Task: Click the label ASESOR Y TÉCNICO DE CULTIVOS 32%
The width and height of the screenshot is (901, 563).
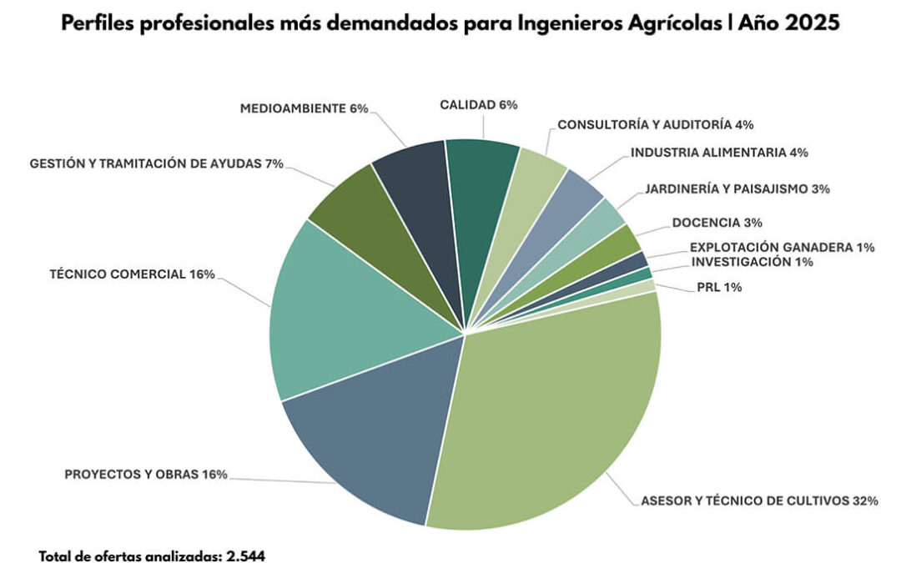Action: pos(759,501)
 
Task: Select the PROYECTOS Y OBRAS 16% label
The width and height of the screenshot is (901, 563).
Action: pos(146,475)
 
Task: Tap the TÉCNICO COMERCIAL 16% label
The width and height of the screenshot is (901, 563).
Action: pos(132,274)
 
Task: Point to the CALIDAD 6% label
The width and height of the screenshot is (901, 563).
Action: pos(479,105)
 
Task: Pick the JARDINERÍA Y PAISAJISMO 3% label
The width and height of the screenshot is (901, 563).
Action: pos(737,189)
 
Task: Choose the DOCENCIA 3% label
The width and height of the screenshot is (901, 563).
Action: pos(717,223)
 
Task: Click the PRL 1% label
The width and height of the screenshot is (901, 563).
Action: pos(719,288)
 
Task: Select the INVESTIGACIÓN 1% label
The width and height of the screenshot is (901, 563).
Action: pos(752,262)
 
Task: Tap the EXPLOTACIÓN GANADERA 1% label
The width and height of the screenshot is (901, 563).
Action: pos(782,247)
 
